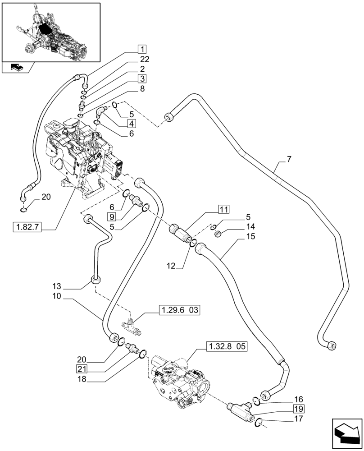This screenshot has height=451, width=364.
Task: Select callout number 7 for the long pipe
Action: pyautogui.click(x=288, y=159)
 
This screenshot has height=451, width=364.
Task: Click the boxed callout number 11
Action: pyautogui.click(x=223, y=208)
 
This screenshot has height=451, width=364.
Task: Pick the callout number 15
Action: pyautogui.click(x=251, y=236)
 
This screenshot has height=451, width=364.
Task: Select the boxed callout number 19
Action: pyautogui.click(x=300, y=409)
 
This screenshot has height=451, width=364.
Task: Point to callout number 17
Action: pyautogui.click(x=299, y=419)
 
